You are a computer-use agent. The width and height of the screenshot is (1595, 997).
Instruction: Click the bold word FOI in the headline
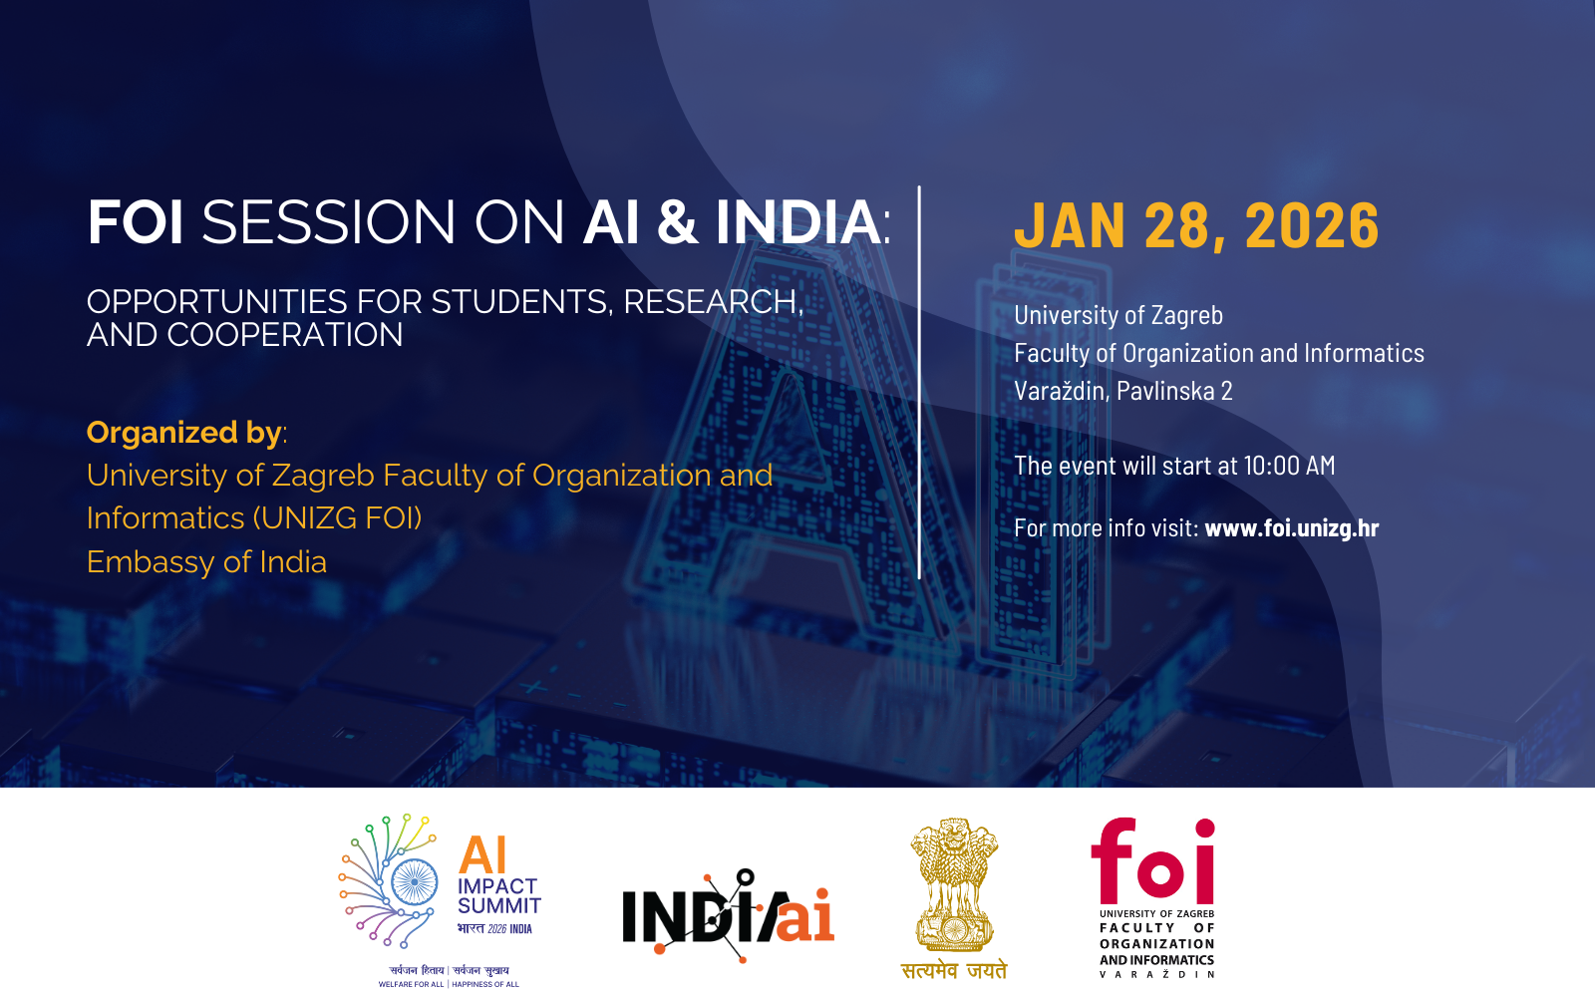coord(136,222)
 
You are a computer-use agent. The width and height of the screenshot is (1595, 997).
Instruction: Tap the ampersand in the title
coord(677,222)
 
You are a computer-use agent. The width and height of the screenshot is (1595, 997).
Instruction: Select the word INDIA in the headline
coord(797,222)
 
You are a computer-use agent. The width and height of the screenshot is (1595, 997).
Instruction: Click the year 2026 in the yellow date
coord(1312,225)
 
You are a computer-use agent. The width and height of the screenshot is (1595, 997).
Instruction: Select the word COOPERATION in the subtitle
coord(285,335)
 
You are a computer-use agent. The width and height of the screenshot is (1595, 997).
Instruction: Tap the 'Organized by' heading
coord(184,433)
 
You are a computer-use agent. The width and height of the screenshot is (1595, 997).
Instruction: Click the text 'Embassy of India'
coord(206,562)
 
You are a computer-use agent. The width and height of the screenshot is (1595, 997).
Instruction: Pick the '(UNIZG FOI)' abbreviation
coord(338,517)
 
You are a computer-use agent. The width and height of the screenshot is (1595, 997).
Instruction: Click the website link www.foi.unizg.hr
coord(1292,527)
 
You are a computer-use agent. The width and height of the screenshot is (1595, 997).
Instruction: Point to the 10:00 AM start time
coord(1289,465)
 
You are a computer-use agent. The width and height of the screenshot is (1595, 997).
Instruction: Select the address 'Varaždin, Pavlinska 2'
coord(1122,390)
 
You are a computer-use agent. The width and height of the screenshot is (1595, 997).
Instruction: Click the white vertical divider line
coord(919,383)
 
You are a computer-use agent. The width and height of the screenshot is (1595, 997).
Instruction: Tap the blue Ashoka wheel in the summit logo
coord(414,882)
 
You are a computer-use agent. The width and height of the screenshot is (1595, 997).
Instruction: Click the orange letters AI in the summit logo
coord(483,854)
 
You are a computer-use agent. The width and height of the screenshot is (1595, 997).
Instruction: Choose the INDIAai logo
coord(729,915)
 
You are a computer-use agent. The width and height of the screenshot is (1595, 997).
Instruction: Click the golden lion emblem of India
coord(954,884)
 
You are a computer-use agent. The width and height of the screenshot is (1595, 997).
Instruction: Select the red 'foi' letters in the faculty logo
coord(1152,860)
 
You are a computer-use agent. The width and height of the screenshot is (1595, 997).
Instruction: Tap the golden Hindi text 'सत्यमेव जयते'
coord(954,970)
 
